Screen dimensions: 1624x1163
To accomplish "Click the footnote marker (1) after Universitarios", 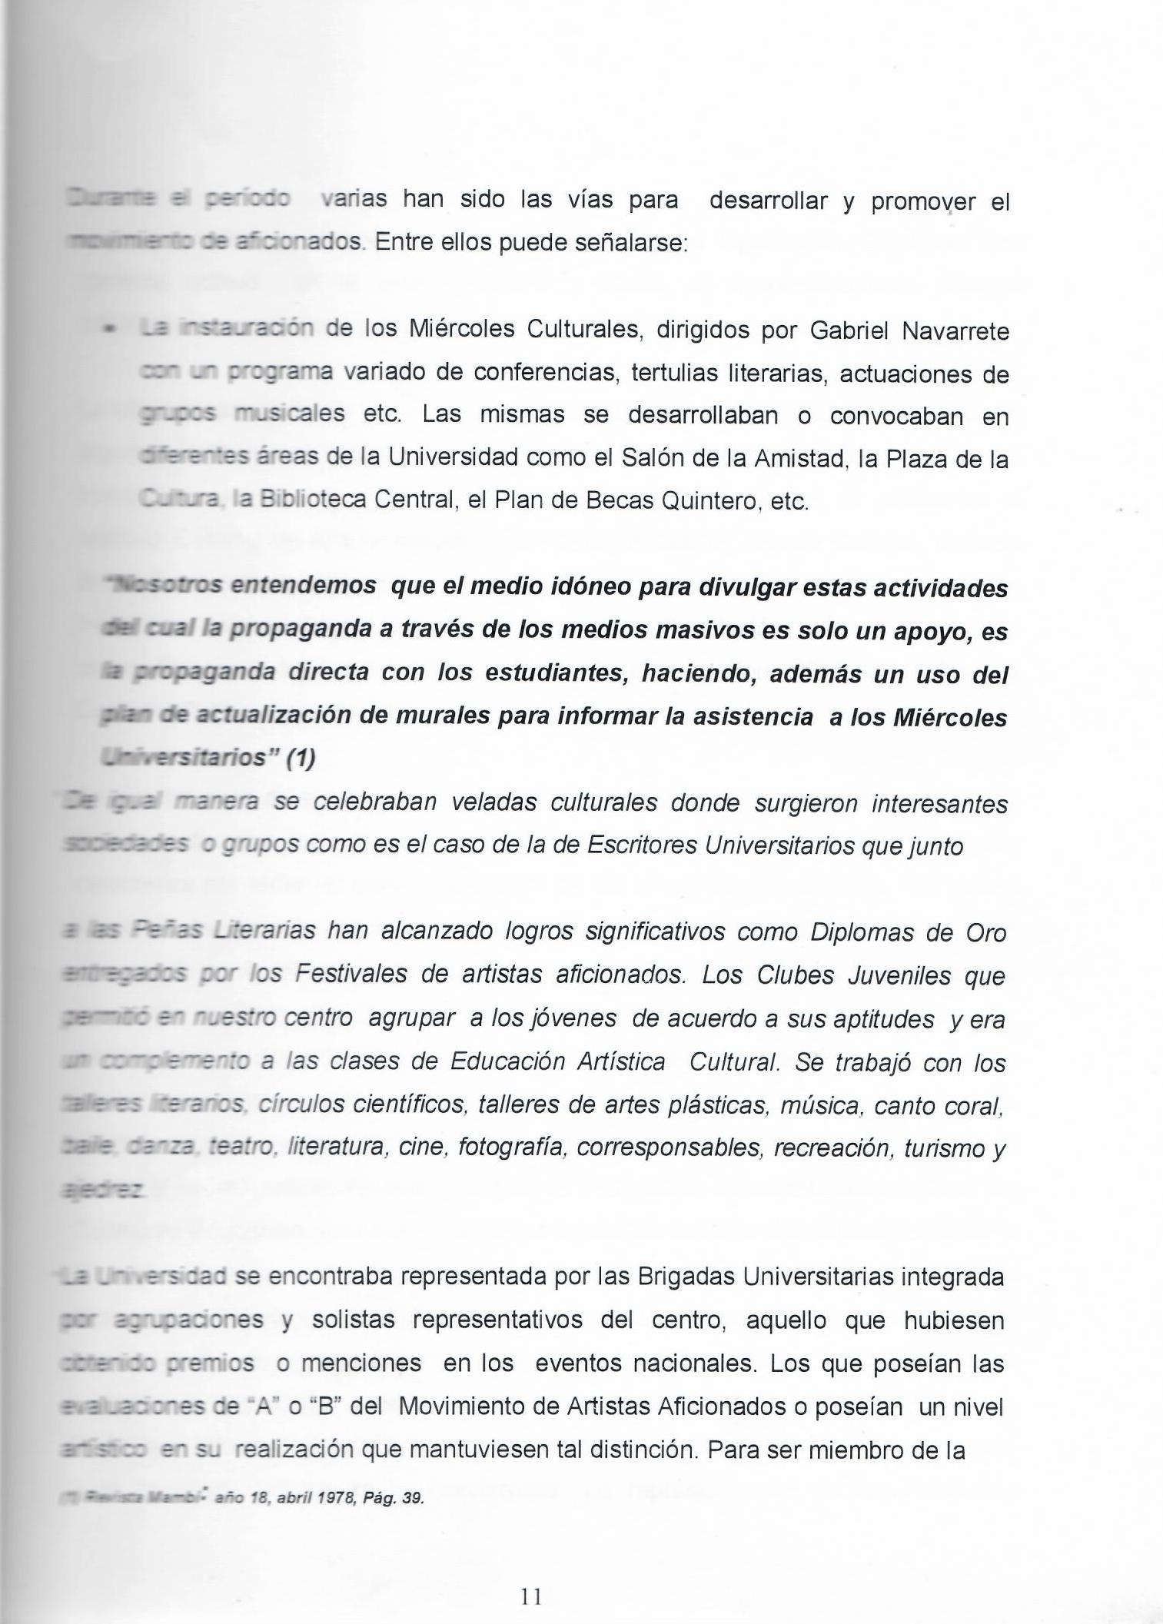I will [301, 759].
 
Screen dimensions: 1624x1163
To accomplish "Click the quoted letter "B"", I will [330, 1406].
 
